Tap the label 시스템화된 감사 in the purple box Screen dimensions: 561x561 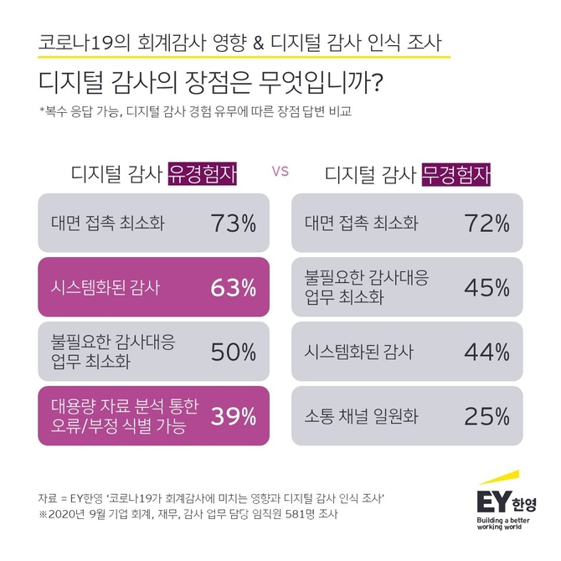point(101,288)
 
